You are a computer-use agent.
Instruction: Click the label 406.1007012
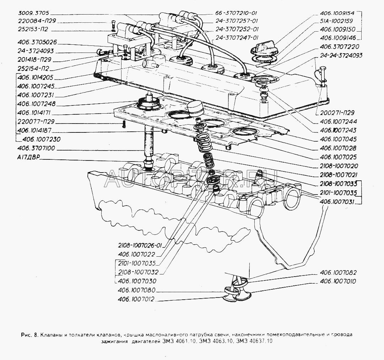coord(137,299)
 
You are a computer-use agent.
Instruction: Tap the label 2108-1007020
coord(338,166)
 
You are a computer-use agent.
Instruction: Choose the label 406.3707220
coord(339,47)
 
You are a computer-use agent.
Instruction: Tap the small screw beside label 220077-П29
coord(123,124)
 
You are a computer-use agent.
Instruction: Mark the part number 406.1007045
coord(338,139)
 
